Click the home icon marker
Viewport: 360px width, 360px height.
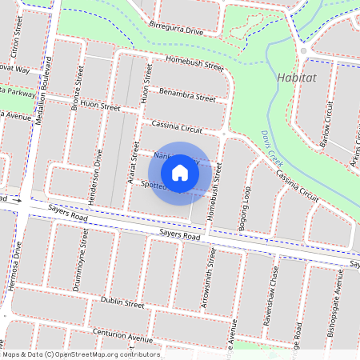180,172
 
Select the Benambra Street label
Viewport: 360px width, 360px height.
187,94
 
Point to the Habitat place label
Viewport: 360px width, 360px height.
298,78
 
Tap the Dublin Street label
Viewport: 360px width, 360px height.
122,303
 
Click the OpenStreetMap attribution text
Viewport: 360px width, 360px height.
80,354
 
